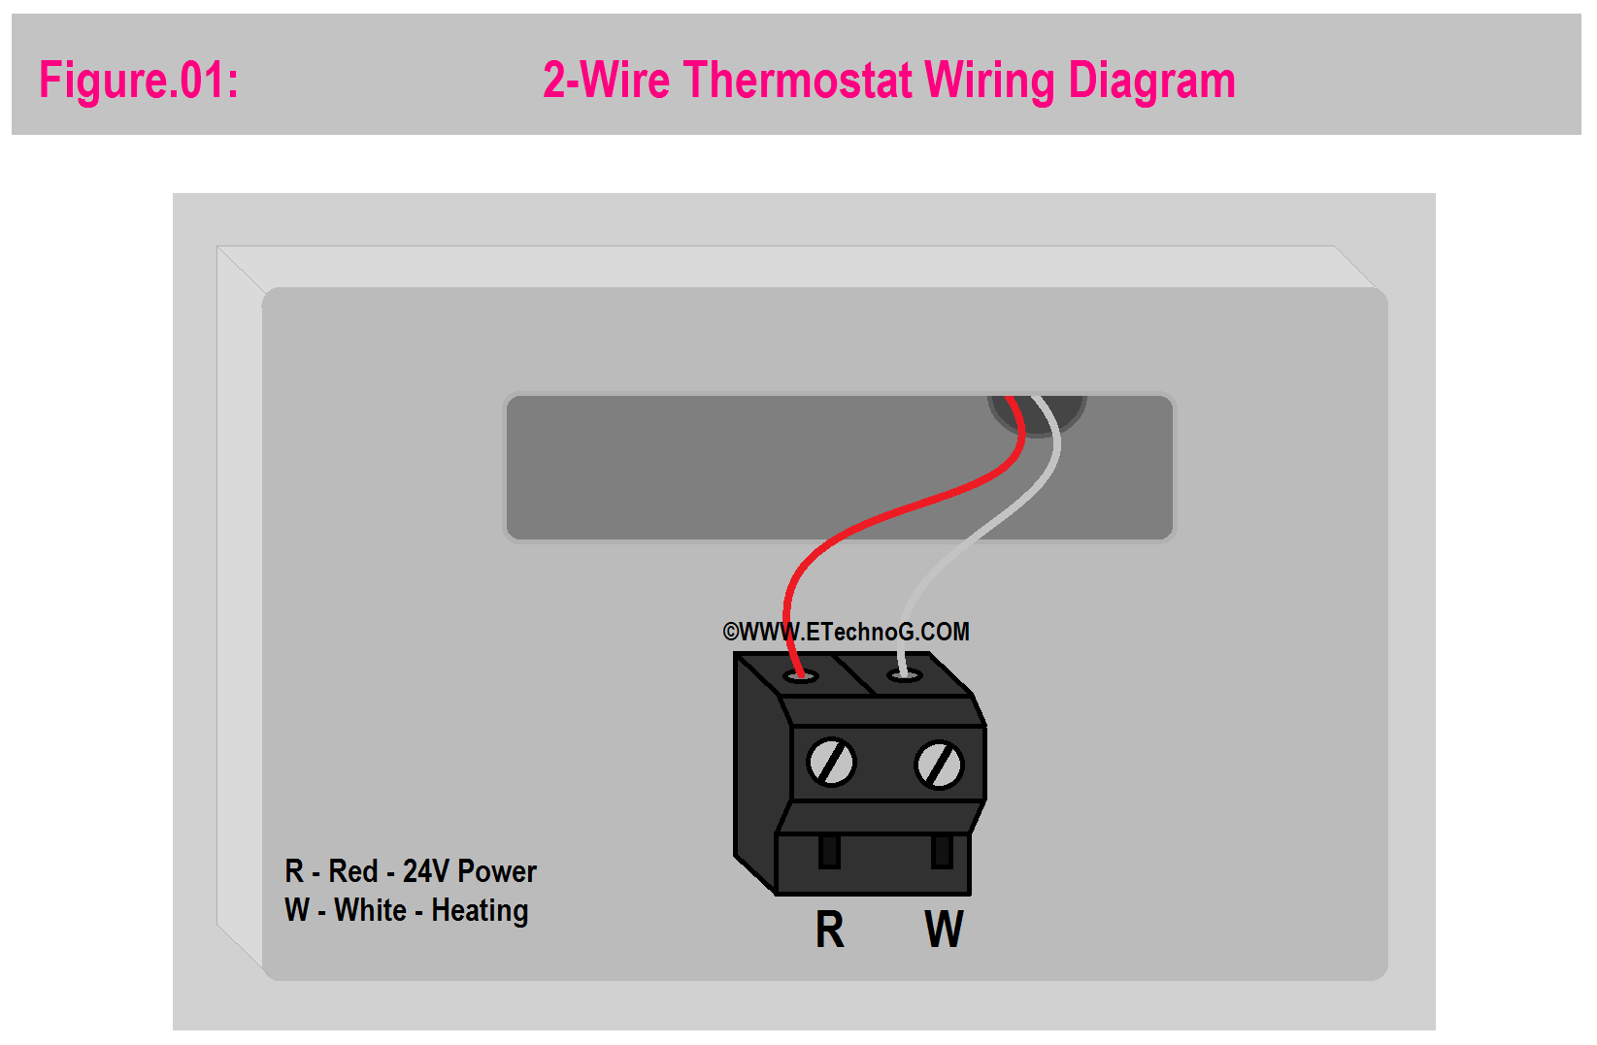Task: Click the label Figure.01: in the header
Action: [x=139, y=80]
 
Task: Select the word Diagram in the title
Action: [x=1151, y=82]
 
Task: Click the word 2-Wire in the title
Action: [x=606, y=80]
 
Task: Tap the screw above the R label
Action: [x=831, y=763]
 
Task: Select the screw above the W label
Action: [x=939, y=766]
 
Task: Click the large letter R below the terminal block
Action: [x=829, y=930]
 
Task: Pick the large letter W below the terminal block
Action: [x=944, y=930]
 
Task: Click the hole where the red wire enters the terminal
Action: [x=801, y=676]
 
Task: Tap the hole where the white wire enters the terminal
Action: [x=905, y=674]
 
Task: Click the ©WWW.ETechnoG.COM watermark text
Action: [x=846, y=632]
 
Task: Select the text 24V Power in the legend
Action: [x=469, y=871]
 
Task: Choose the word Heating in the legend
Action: [x=480, y=911]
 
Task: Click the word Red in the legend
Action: [x=352, y=871]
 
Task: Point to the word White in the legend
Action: [x=370, y=911]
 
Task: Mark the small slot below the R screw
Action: [x=829, y=852]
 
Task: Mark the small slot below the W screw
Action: [x=941, y=852]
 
